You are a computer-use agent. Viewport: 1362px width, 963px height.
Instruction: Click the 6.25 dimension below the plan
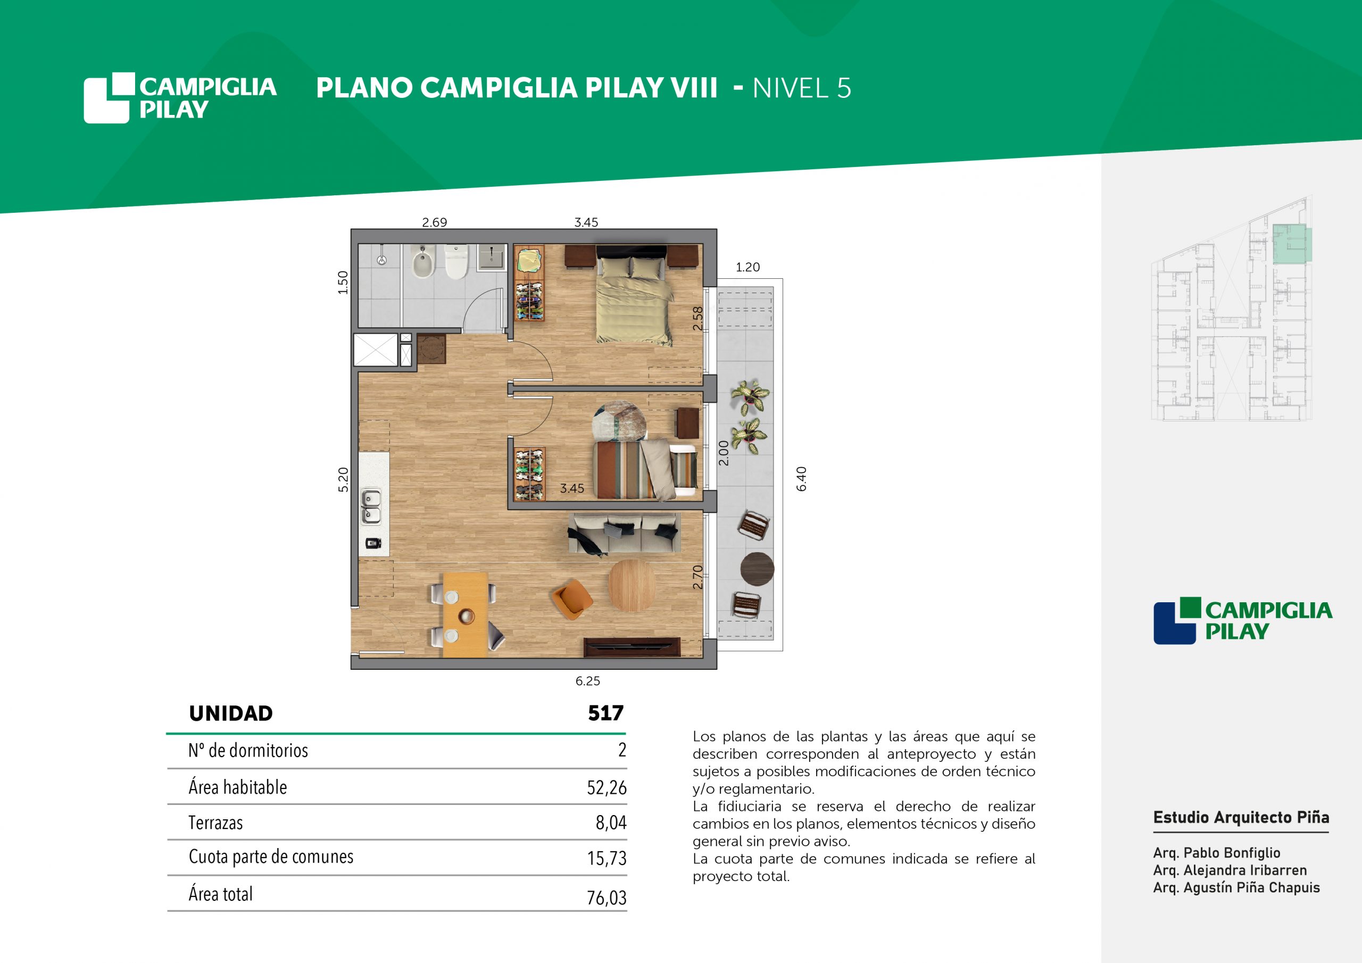tap(587, 681)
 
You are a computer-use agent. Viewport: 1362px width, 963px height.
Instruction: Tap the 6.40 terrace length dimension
tap(801, 479)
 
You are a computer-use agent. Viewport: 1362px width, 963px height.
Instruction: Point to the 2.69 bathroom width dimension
tap(434, 222)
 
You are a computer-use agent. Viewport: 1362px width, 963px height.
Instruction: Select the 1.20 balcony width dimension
tap(748, 268)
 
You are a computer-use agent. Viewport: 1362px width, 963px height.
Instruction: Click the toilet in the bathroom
tap(456, 262)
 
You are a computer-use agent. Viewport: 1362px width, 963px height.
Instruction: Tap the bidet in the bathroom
tap(422, 263)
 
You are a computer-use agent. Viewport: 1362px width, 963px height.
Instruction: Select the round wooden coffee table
tap(632, 586)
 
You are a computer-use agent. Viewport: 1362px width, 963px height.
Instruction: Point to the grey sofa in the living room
tap(624, 533)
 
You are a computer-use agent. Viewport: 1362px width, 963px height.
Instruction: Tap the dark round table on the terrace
tap(757, 568)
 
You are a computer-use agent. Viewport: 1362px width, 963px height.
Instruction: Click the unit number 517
tap(605, 713)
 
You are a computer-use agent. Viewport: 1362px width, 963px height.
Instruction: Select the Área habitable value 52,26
tap(607, 787)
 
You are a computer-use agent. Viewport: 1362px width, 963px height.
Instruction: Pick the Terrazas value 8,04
tap(611, 823)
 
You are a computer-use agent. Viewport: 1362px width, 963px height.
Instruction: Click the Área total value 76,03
tap(607, 898)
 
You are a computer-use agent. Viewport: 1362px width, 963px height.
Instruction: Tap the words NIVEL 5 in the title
tap(802, 88)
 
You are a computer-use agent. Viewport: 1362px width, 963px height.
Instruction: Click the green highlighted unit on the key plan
tap(1293, 244)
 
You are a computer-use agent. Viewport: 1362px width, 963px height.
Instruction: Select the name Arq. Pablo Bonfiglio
tap(1217, 853)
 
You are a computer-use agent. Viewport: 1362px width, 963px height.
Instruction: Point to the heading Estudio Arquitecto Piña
tap(1241, 818)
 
